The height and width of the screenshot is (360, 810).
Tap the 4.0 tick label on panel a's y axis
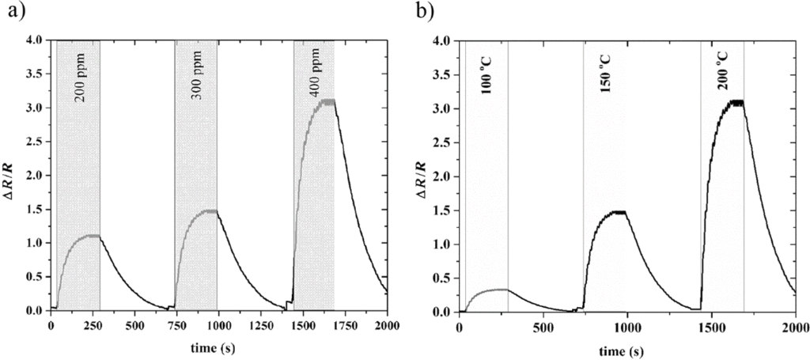pos(35,40)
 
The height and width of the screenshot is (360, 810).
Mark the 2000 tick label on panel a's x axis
pos(387,325)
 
